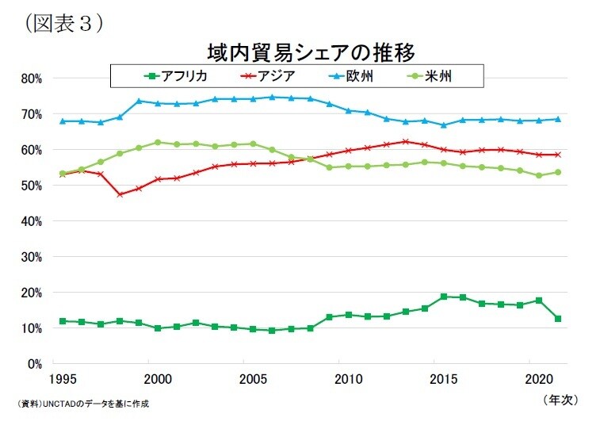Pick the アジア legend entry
coord(265,76)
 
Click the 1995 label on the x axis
coord(63,378)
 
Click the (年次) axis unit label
coord(564,400)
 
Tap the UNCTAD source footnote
coord(82,404)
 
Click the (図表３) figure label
coord(64,23)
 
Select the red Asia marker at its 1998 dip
coord(120,193)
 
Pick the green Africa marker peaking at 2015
coord(443,297)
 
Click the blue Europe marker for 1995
coord(63,121)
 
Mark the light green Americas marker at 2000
coord(158,143)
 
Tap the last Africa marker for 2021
coord(558,319)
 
